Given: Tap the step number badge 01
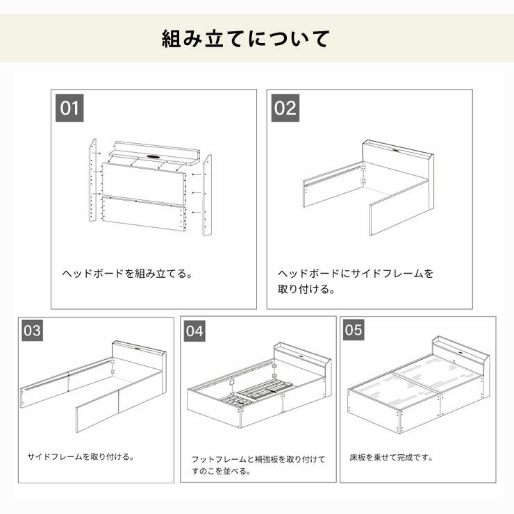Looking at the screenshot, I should click(69, 108).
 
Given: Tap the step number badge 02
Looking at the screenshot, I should click(285, 108).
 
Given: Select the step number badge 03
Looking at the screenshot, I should click(32, 331).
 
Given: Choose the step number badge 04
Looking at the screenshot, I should click(194, 331).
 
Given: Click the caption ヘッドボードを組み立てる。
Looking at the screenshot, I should click(127, 273).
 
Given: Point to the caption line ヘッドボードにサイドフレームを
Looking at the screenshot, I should click(356, 273).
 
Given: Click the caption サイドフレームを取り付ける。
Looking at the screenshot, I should click(81, 457).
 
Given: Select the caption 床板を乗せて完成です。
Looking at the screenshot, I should click(392, 458).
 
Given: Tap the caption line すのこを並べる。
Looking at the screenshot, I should click(221, 471).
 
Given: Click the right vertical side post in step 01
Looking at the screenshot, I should click(207, 194).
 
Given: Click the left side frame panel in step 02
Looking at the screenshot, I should click(333, 185).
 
